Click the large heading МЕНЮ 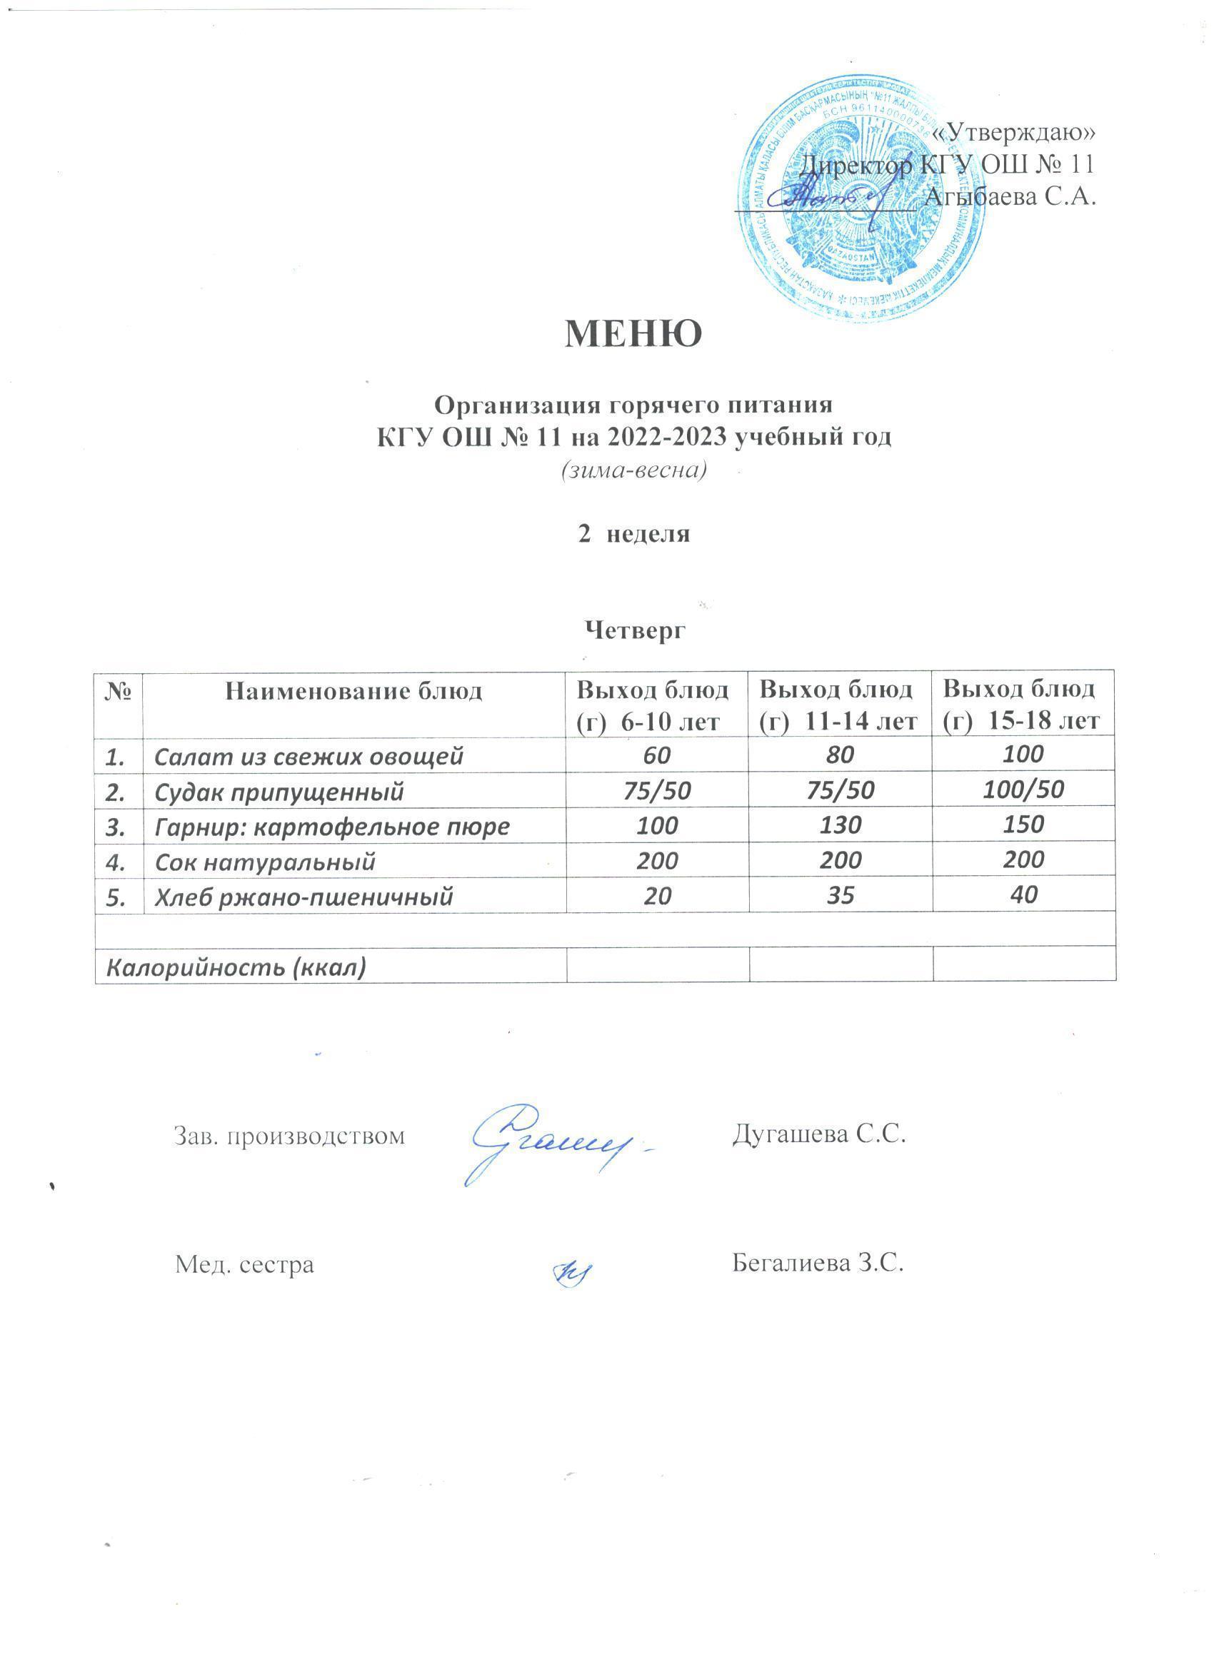click(x=634, y=334)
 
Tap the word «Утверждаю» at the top click(x=1013, y=132)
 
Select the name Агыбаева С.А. click(x=1009, y=196)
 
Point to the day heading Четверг click(x=634, y=629)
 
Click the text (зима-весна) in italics click(x=634, y=469)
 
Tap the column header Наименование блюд click(x=353, y=691)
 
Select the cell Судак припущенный click(x=279, y=792)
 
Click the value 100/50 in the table click(x=1023, y=790)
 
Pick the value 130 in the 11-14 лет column click(x=840, y=825)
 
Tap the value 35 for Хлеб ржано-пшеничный click(x=840, y=895)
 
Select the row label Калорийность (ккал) click(x=236, y=967)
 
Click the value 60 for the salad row click(x=658, y=755)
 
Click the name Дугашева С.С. click(x=818, y=1135)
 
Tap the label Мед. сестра click(x=244, y=1264)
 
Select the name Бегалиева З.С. click(x=818, y=1263)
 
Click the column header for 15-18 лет click(x=1023, y=705)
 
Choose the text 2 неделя click(x=634, y=534)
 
